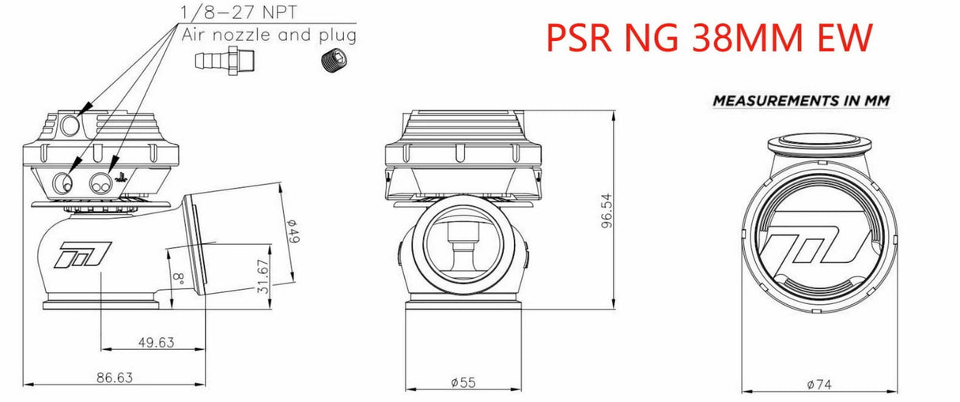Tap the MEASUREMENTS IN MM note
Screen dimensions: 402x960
(801, 101)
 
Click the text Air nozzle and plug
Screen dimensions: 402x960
(269, 35)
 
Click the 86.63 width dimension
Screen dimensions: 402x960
(115, 377)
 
